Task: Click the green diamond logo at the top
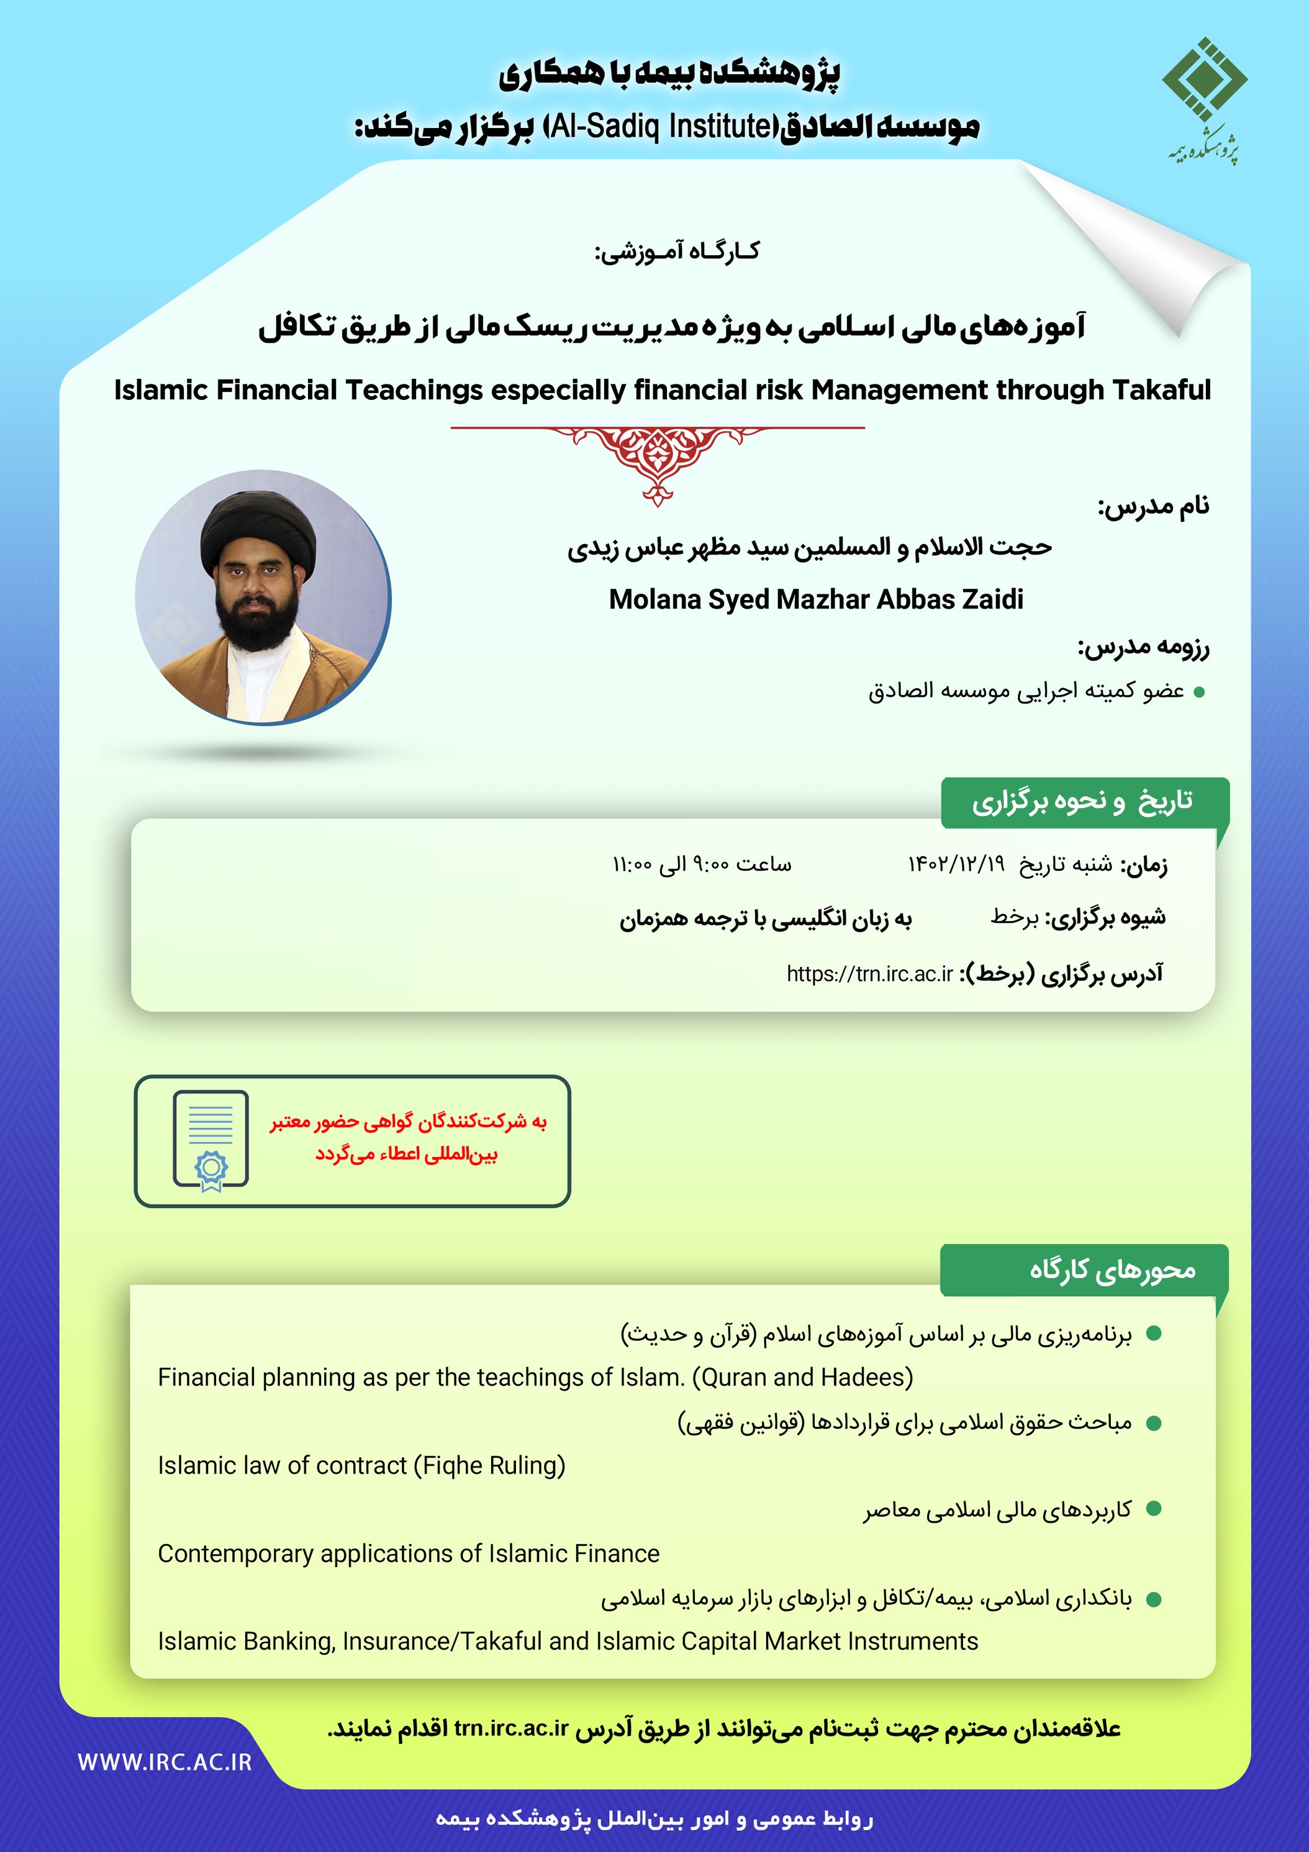[x=1204, y=78]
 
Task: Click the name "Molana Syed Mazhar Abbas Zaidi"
[x=815, y=599]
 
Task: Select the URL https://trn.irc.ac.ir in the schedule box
[x=869, y=974]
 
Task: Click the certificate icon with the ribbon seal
[x=211, y=1140]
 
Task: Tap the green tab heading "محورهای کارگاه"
[x=1112, y=1271]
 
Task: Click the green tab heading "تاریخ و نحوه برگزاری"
[x=1082, y=801]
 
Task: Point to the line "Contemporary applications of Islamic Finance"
[x=408, y=1553]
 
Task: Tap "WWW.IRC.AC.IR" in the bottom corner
[x=165, y=1763]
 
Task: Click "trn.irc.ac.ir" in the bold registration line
[x=510, y=1728]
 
